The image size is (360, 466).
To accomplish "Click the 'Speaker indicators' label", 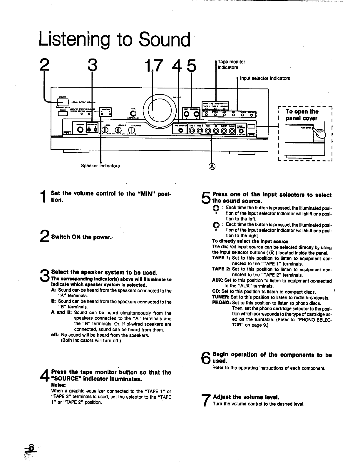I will [100, 166].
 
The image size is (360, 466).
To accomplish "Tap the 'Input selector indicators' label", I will [265, 78].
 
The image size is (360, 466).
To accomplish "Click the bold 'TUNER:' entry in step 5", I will [221, 297].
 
